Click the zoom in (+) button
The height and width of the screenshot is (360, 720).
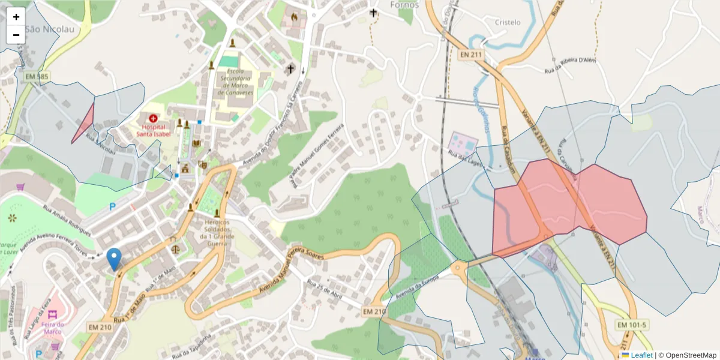click(x=16, y=17)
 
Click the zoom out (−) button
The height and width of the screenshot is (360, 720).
click(x=16, y=35)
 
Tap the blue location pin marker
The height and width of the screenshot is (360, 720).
click(x=113, y=259)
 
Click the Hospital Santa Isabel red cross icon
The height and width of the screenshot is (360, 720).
click(x=153, y=119)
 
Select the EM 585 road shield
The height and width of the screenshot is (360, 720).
click(x=37, y=77)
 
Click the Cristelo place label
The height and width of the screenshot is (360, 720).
click(x=508, y=22)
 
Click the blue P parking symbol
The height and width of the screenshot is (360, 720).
click(x=112, y=207)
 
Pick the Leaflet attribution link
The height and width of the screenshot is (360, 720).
click(x=641, y=355)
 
